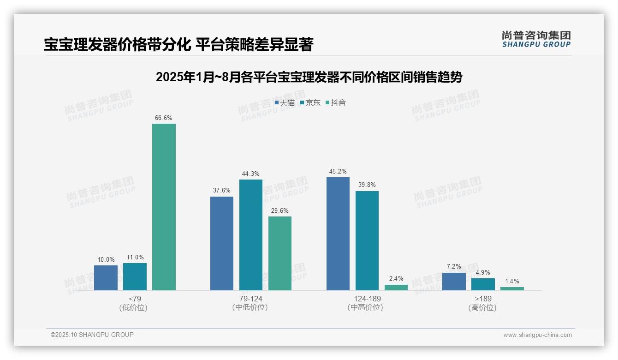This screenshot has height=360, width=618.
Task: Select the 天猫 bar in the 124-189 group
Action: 338,234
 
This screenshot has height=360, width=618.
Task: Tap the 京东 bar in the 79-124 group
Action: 251,235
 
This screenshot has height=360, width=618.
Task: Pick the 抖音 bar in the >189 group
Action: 512,288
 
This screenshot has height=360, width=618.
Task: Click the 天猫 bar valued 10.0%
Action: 106,278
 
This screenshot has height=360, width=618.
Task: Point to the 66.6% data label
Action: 164,118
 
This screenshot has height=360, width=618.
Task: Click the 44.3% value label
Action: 251,174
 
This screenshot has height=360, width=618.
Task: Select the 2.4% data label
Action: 396,279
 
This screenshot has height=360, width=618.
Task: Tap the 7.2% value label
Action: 454,267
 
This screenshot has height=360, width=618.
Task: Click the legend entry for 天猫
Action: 285,103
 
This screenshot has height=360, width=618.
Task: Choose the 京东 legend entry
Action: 310,103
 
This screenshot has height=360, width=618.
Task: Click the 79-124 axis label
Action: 251,299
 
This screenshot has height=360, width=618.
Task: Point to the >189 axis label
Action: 483,299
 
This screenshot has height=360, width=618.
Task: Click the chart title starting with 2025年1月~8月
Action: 309,77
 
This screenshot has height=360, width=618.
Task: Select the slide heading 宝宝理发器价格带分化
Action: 178,44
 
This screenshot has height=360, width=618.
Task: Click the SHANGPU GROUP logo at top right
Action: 536,39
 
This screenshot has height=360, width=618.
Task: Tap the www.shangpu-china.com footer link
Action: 537,335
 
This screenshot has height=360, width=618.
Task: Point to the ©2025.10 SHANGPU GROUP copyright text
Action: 92,335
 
